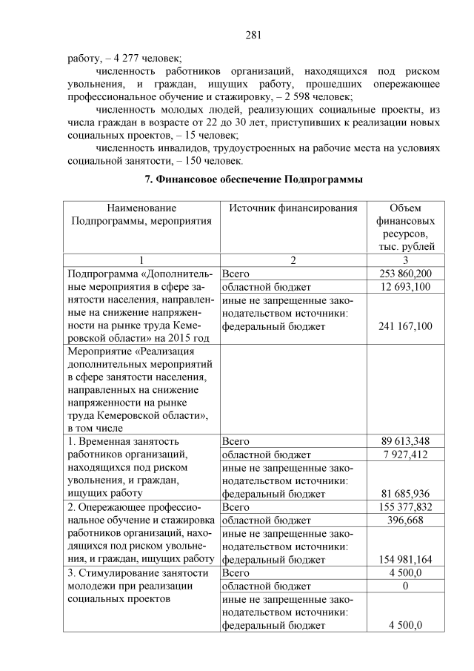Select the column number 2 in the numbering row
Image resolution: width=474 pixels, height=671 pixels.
[x=293, y=260]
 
